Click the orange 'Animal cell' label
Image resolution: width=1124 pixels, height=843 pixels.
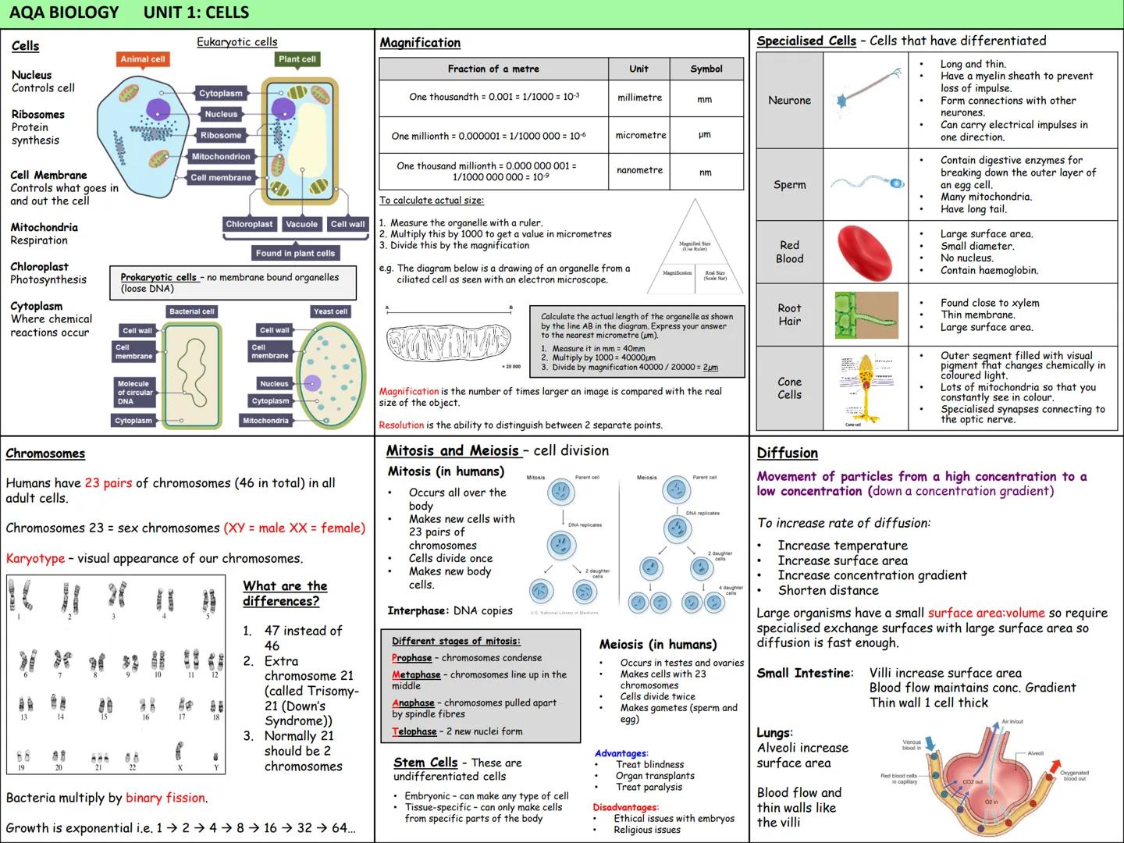coord(143,59)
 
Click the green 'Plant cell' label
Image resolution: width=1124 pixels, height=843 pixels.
coord(297,59)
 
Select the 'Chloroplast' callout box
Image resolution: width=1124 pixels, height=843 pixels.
coord(249,225)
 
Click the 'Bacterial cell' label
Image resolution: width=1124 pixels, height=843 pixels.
coord(191,311)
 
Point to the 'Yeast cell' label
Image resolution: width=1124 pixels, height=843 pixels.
coord(330,311)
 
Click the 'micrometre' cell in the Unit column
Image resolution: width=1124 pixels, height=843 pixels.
coord(640,135)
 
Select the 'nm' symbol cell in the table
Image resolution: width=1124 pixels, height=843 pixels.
coord(705,173)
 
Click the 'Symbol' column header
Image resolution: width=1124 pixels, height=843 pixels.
coord(706,69)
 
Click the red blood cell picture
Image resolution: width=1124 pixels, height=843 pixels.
coord(864,252)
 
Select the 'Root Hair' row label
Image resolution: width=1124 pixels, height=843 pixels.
coord(789,315)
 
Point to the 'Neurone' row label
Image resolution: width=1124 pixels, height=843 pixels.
coord(789,100)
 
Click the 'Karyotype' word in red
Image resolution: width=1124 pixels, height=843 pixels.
coord(35,559)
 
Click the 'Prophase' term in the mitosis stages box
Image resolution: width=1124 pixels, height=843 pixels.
coord(411,658)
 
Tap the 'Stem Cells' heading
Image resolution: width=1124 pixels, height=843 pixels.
coord(425,763)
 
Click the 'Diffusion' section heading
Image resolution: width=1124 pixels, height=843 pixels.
coord(787,454)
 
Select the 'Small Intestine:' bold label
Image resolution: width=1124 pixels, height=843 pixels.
coord(805,673)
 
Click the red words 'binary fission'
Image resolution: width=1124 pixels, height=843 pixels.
coord(165,798)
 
